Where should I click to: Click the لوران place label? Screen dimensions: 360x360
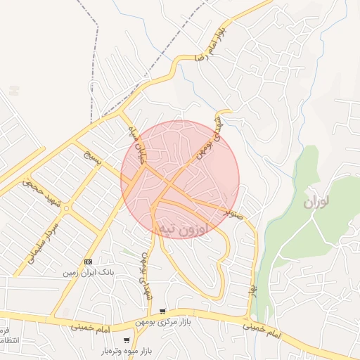pyautogui.click(x=317, y=203)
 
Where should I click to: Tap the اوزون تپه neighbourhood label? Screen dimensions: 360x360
pyautogui.click(x=184, y=228)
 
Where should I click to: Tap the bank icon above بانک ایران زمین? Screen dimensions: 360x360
pyautogui.click(x=89, y=260)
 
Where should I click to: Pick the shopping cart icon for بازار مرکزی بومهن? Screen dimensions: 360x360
pyautogui.click(x=163, y=311)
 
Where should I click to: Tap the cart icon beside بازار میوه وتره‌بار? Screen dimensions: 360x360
pyautogui.click(x=127, y=340)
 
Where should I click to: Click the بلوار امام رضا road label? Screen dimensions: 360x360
pyautogui.click(x=215, y=44)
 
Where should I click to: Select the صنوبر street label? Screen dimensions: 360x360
pyautogui.click(x=233, y=212)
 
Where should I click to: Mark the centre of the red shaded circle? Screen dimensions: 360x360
pyautogui.click(x=180, y=179)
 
